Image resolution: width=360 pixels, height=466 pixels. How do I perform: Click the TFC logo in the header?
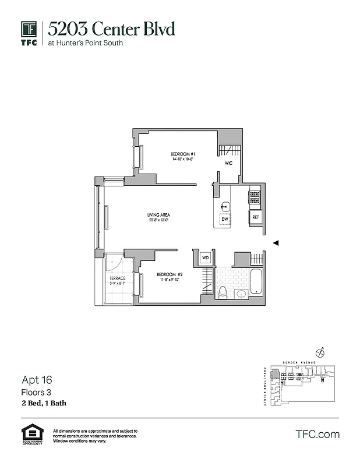pyautogui.click(x=29, y=33)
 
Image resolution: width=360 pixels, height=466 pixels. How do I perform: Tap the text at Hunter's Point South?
pyautogui.click(x=86, y=43)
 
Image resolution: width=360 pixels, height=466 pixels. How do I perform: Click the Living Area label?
pyautogui.click(x=158, y=216)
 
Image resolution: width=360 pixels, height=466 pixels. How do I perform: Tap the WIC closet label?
pyautogui.click(x=228, y=163)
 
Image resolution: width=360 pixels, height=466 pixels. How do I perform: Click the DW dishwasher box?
pyautogui.click(x=224, y=220)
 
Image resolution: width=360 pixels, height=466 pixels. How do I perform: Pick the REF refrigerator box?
pyautogui.click(x=255, y=218)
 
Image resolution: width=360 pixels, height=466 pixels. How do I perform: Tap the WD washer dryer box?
pyautogui.click(x=205, y=257)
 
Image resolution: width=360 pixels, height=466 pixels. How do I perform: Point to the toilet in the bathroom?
pyautogui.click(x=222, y=291)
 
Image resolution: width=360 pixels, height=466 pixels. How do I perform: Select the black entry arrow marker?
pyautogui.click(x=277, y=243)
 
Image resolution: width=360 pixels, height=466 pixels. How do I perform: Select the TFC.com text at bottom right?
pyautogui.click(x=317, y=434)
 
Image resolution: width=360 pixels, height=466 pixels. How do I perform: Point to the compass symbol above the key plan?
pyautogui.click(x=319, y=352)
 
